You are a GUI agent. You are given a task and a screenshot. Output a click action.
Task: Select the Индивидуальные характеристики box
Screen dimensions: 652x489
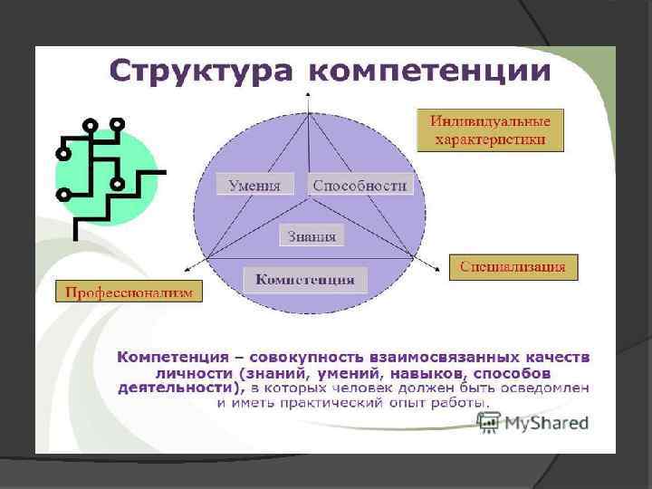pos(490,130)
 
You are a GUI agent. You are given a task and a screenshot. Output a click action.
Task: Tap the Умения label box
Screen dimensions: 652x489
pos(254,185)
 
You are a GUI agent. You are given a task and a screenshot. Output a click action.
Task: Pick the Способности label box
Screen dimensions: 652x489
pos(360,185)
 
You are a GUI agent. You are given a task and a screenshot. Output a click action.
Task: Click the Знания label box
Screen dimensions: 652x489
pos(312,236)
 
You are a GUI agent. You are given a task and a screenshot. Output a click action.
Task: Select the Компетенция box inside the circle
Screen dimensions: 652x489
pos(305,279)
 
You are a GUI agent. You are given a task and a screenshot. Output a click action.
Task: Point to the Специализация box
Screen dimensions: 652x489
pos(512,266)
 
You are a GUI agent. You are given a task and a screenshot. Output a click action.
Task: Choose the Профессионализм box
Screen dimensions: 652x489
pos(129,291)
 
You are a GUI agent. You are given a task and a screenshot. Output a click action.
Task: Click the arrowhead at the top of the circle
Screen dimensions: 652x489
pos(309,94)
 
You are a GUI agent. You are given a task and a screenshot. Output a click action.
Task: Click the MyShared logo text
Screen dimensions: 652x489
pos(546,422)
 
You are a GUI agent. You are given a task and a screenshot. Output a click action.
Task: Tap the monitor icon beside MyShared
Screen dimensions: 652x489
pos(489,421)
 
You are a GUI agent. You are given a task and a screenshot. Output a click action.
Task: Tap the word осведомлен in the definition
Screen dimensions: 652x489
pos(546,388)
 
